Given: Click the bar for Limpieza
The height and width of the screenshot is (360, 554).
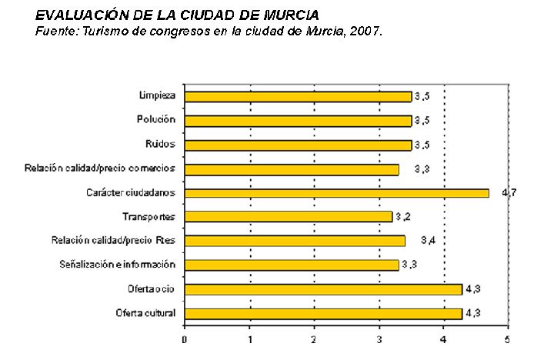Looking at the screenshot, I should (299, 96).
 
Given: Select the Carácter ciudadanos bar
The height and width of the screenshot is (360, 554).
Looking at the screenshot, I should (337, 192).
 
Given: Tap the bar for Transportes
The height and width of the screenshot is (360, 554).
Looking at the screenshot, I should (289, 217).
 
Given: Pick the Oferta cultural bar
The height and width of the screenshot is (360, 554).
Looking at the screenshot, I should (324, 313).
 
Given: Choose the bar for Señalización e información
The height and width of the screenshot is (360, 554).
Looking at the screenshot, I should (292, 265).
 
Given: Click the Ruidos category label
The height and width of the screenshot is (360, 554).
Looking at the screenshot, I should (160, 144).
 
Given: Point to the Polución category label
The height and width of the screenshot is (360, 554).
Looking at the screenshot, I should (155, 120).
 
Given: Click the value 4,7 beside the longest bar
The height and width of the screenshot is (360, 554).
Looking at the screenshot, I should (509, 192).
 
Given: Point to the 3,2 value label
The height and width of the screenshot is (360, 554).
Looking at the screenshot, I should (403, 217).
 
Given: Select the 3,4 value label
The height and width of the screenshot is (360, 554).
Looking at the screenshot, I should (429, 241).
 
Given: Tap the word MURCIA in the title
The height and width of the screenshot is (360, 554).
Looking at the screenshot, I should (292, 15).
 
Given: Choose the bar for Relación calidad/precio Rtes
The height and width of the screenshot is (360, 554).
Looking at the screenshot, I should (295, 241).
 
